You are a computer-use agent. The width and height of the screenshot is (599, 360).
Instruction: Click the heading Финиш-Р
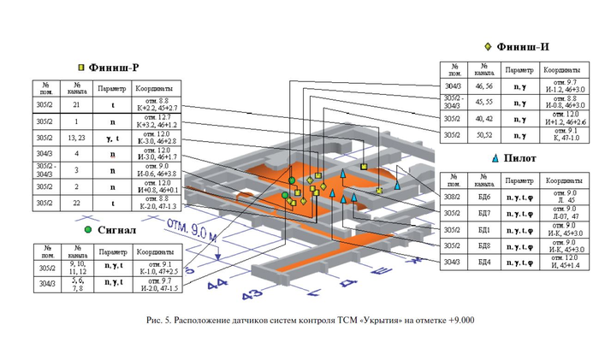pos(115,67)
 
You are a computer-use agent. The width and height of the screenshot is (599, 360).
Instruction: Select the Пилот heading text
pos(522,158)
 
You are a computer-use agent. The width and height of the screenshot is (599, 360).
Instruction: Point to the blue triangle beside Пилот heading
pos(496,158)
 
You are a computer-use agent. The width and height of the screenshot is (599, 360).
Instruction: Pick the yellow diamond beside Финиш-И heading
pos(487,46)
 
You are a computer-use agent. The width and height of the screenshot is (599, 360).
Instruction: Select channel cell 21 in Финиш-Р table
pos(77,104)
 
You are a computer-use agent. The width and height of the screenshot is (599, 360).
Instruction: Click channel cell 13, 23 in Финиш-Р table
pos(77,138)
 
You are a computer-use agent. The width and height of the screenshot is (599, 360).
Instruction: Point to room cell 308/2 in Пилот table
pos(454,196)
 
